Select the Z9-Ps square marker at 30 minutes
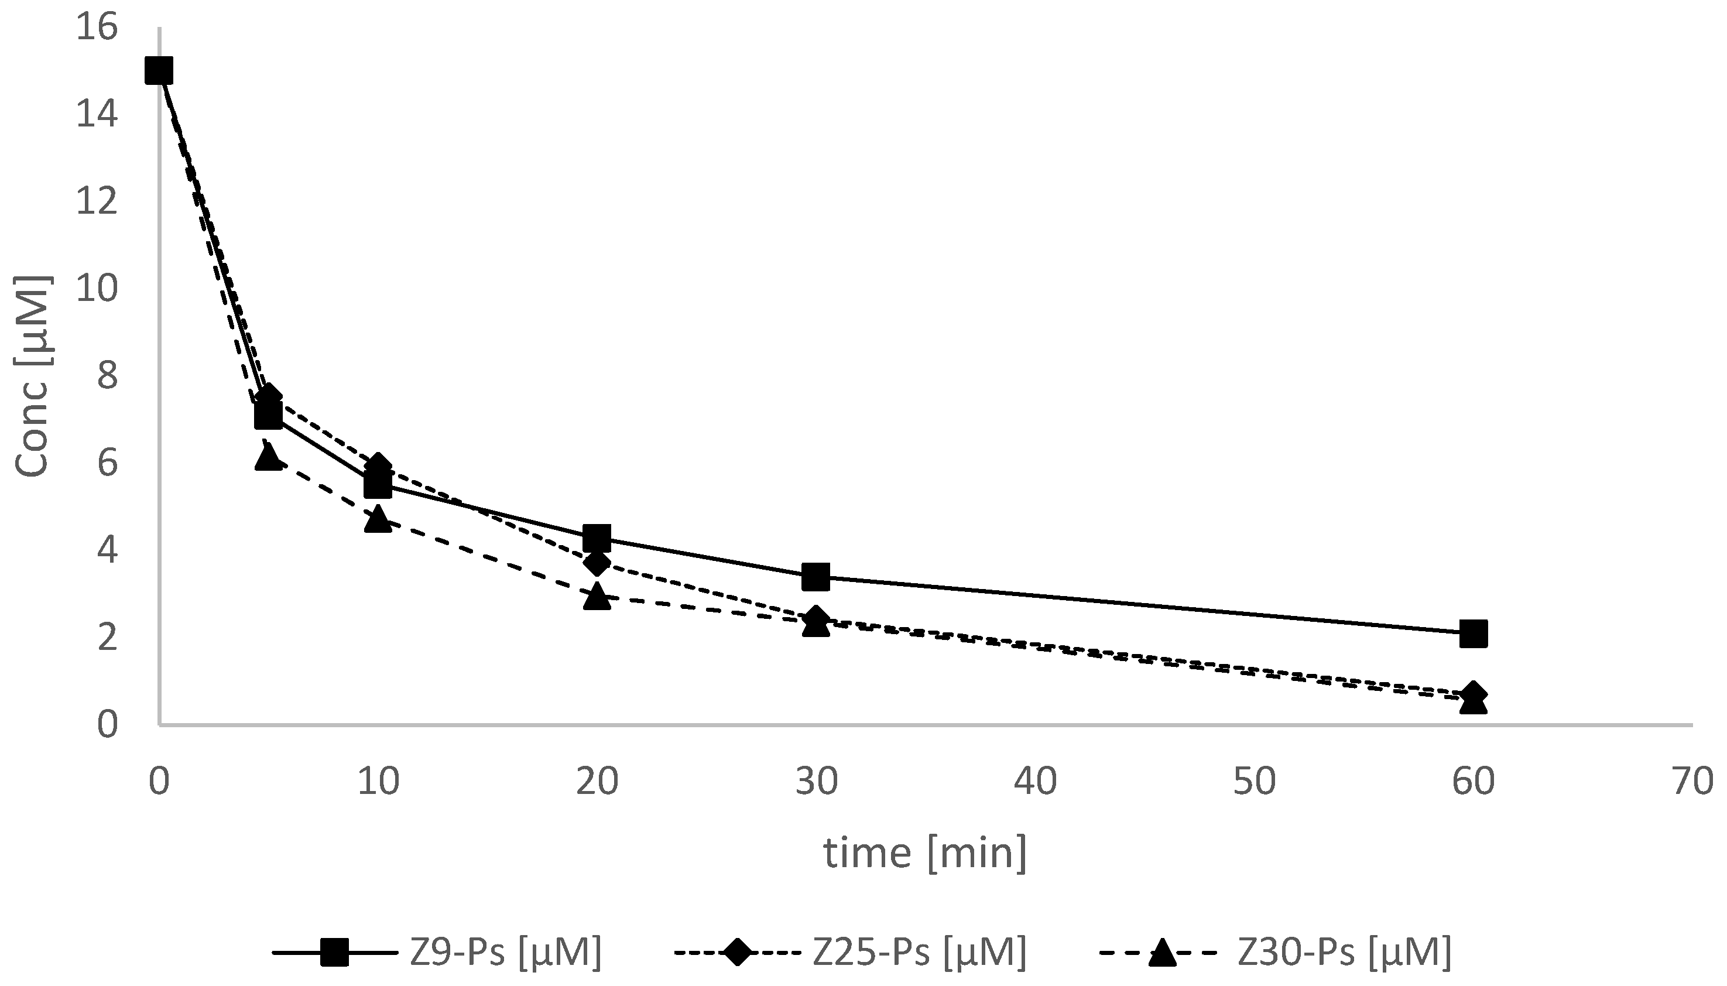[815, 577]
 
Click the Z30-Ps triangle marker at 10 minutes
[378, 520]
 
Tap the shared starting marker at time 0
[159, 70]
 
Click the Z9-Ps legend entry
[437, 952]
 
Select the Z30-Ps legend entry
[1276, 952]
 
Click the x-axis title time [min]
[925, 853]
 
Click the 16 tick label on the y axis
[96, 29]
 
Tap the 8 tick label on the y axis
[107, 376]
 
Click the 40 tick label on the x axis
[1035, 782]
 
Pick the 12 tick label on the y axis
[96, 203]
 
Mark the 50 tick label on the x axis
[1254, 782]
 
